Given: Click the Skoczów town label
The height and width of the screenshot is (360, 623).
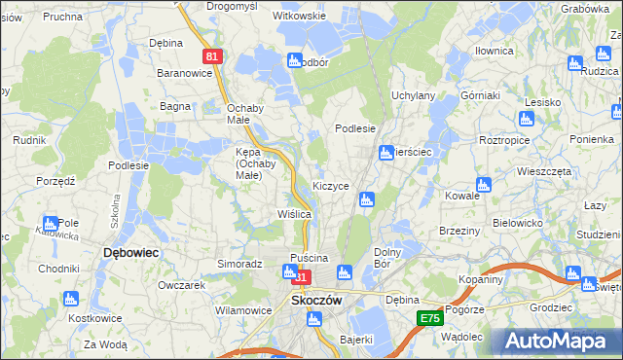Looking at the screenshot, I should [x=316, y=301].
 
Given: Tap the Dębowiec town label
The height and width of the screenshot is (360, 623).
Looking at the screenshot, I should [x=130, y=252].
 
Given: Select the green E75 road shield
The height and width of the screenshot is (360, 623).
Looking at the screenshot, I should [x=430, y=318].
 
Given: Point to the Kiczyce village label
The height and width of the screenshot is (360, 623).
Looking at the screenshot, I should [x=330, y=185].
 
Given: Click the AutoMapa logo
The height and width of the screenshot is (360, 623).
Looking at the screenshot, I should [x=559, y=341].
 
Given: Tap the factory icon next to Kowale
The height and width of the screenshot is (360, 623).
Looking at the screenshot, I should [x=484, y=185].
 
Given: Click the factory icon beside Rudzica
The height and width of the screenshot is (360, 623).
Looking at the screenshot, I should [x=575, y=64].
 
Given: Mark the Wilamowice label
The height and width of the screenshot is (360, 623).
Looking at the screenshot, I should [x=242, y=310].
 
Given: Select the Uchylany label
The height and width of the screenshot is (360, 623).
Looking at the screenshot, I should [x=413, y=96].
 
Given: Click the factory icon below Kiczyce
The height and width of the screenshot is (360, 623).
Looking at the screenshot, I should [x=366, y=199].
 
